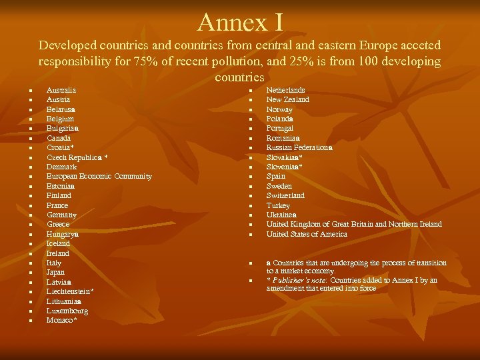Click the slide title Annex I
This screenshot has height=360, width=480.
[x=240, y=22]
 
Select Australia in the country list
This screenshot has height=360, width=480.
[x=61, y=90]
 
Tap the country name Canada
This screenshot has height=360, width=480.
[x=59, y=138]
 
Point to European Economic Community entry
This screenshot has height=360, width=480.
[x=99, y=177]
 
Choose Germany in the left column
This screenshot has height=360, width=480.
[x=62, y=215]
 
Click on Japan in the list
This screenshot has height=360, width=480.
[x=56, y=273]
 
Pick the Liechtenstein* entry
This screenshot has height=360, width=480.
[x=70, y=292]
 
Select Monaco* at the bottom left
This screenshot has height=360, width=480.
[x=62, y=321]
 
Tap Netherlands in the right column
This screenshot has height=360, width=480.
[x=286, y=90]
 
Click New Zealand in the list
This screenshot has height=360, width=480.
[x=288, y=99]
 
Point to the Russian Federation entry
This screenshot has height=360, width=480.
[x=298, y=148]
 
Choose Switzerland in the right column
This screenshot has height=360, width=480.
[x=285, y=196]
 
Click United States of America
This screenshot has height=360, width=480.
[x=307, y=235]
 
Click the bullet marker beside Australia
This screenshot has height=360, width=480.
[x=31, y=91]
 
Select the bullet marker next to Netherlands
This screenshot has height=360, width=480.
[x=251, y=91]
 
